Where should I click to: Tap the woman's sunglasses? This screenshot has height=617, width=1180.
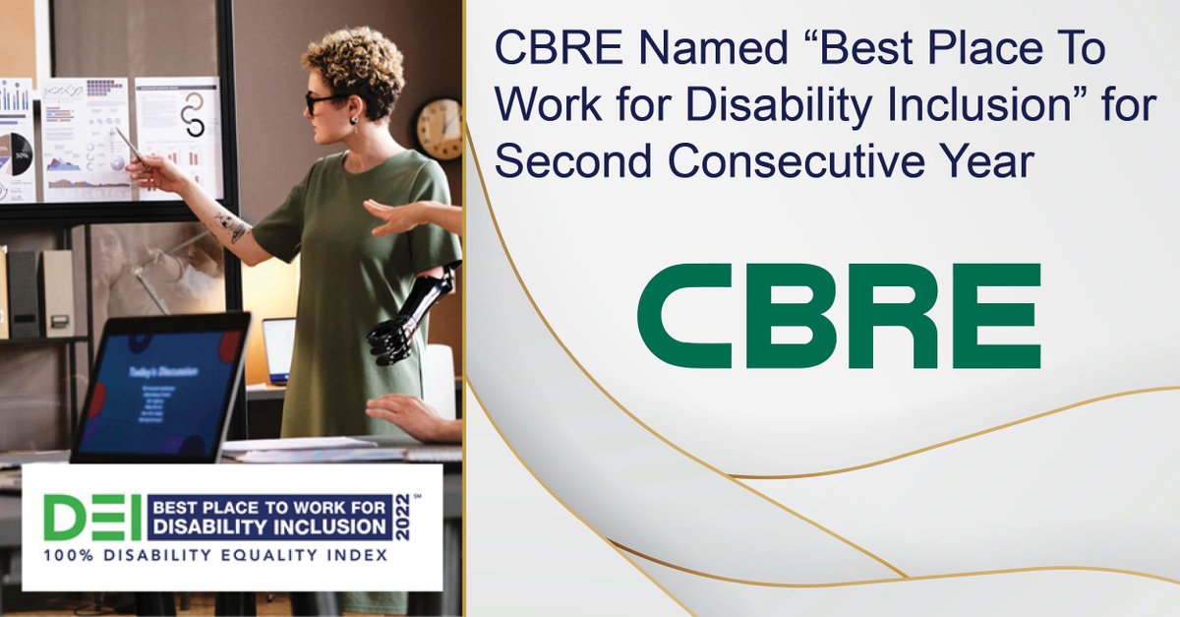pyautogui.click(x=319, y=101)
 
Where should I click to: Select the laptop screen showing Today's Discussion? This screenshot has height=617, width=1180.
pyautogui.click(x=159, y=387)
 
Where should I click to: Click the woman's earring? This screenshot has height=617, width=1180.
pyautogui.click(x=353, y=120)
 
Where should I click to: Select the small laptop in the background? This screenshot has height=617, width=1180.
pyautogui.click(x=278, y=349)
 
